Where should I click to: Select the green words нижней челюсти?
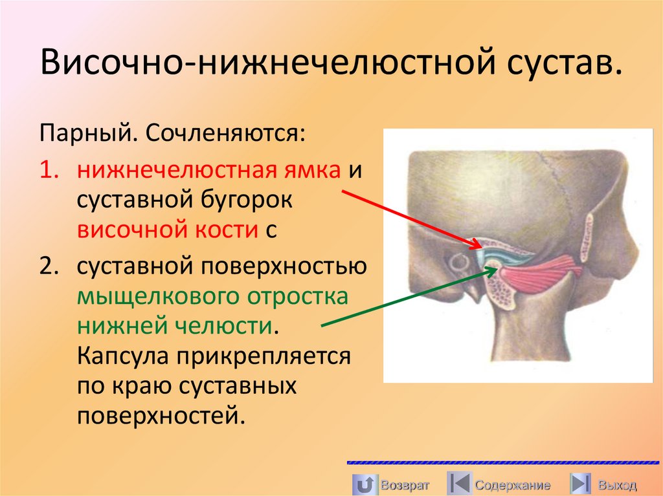(x=174, y=326)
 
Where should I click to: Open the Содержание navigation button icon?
(x=458, y=484)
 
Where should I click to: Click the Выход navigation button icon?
(x=581, y=484)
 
